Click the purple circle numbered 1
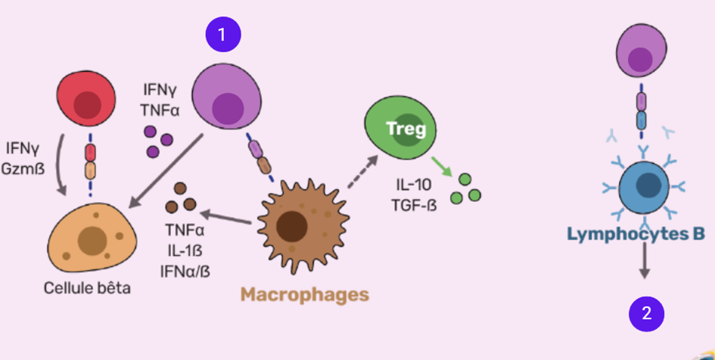222,35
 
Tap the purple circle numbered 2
646,314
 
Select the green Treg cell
396,129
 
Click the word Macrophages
304,294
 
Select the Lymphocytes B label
636,234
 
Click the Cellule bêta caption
87,287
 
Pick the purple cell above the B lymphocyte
641,51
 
